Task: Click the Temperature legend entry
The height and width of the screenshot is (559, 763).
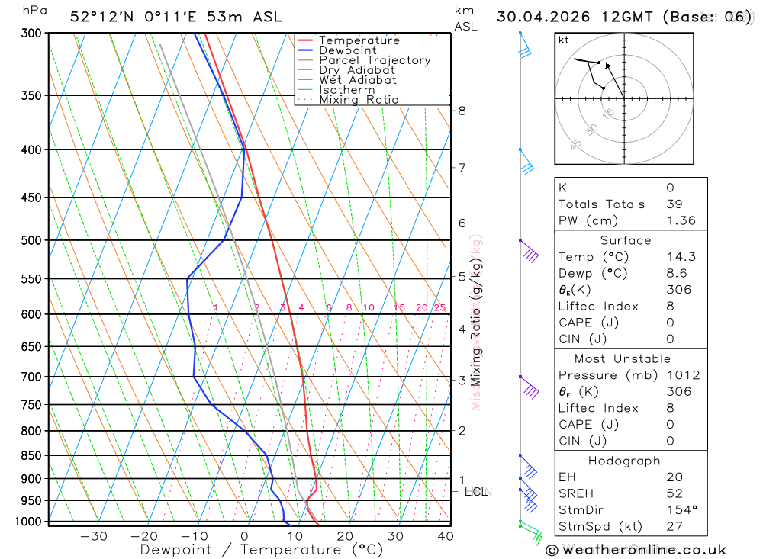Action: (x=359, y=40)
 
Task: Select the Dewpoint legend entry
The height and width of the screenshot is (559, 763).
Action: (x=347, y=50)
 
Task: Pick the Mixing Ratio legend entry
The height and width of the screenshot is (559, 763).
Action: (x=359, y=100)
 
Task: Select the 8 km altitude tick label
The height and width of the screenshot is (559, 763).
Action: (x=462, y=111)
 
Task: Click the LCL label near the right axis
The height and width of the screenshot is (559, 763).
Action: (x=476, y=492)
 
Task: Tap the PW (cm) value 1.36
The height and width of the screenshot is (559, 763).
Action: (x=681, y=220)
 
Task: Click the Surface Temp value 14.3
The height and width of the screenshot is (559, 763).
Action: (x=681, y=257)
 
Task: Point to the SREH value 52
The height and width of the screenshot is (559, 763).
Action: (x=674, y=493)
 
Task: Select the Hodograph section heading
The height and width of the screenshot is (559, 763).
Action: (x=625, y=461)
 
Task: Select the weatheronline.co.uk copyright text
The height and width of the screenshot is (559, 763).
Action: (x=636, y=549)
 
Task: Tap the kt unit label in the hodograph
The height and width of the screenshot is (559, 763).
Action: (x=563, y=40)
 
